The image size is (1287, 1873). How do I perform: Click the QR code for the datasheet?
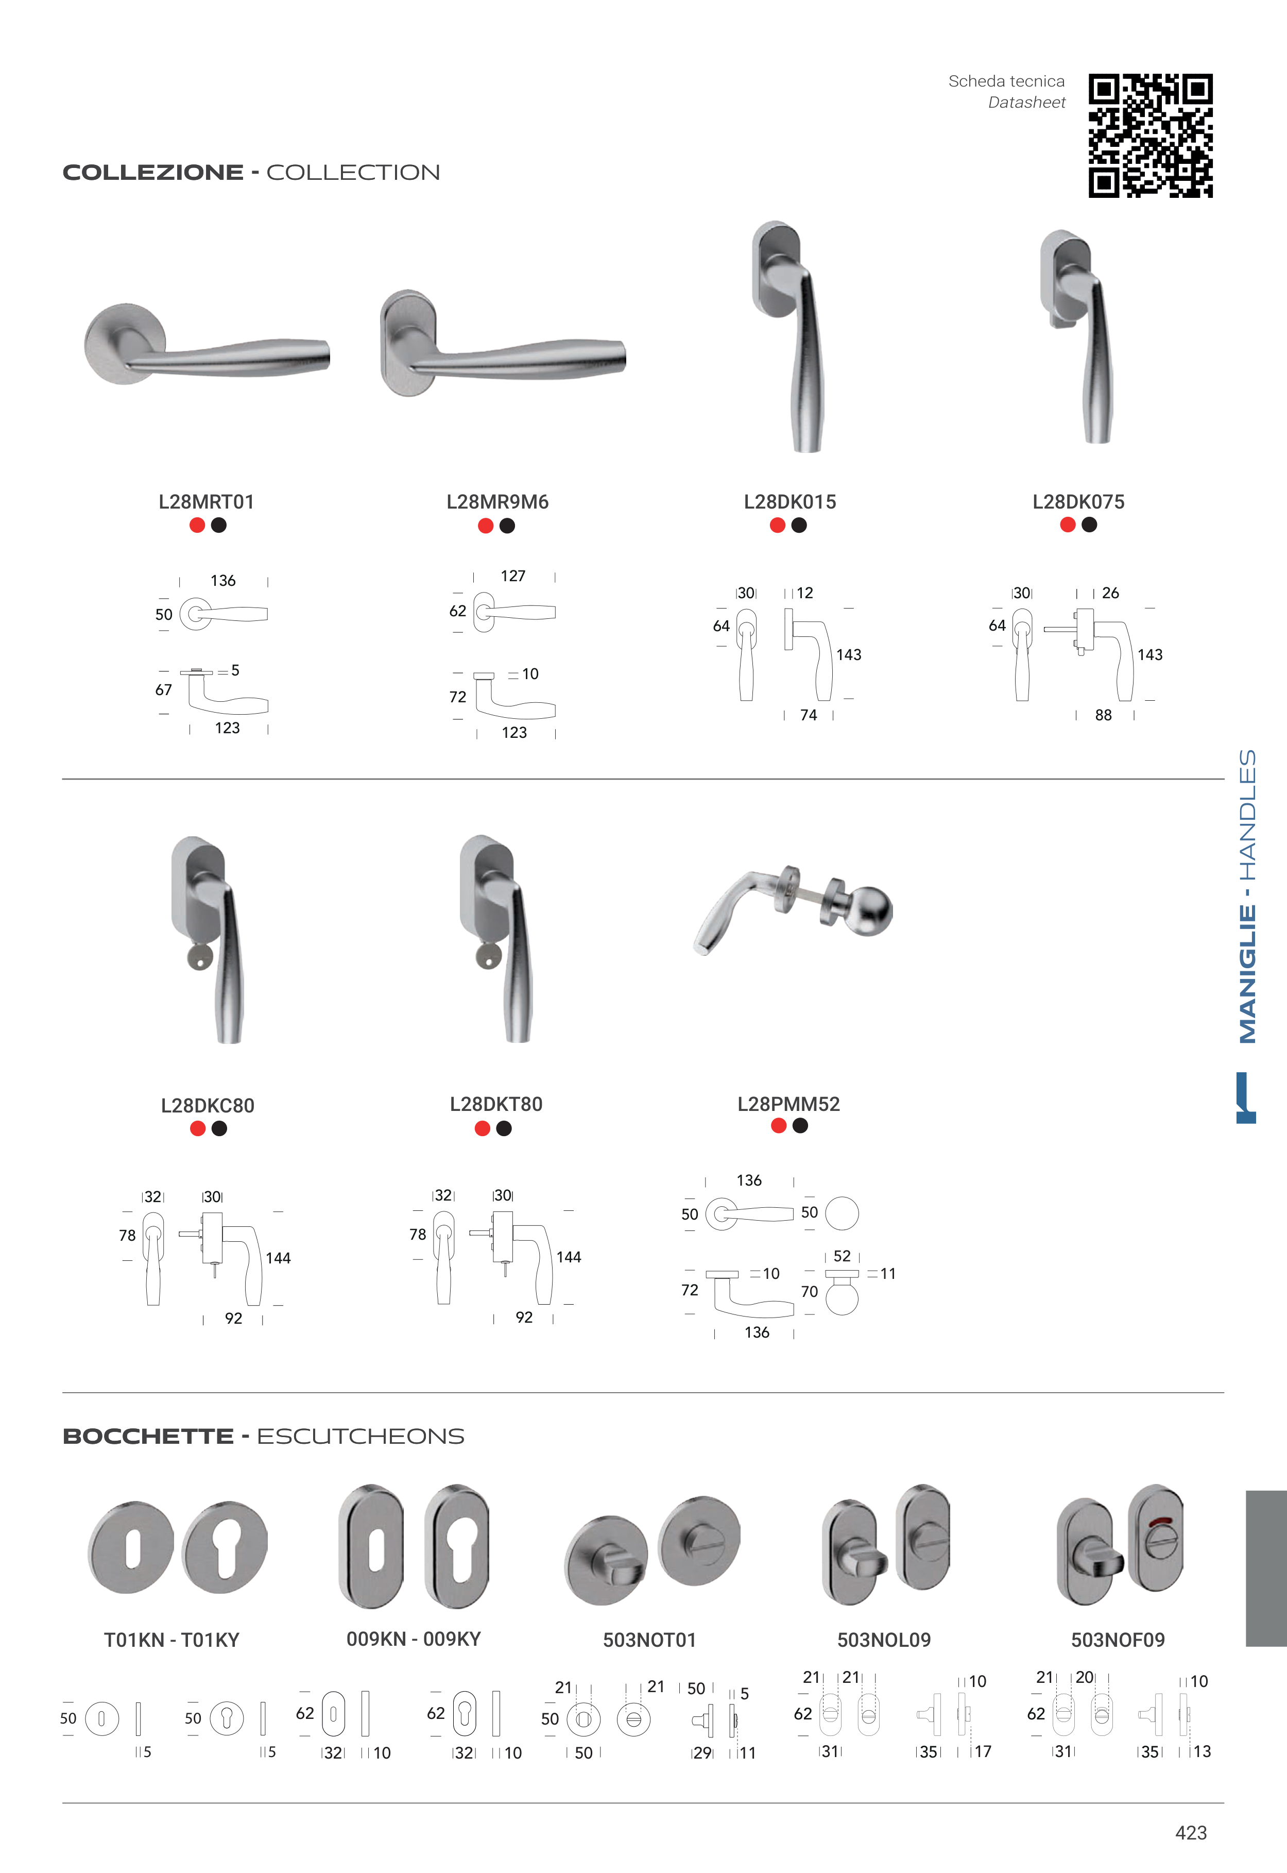[x=1150, y=136]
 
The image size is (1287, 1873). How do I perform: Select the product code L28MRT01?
[x=207, y=502]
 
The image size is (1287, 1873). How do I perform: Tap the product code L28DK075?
[x=1078, y=502]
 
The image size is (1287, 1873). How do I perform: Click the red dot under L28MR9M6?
[x=486, y=526]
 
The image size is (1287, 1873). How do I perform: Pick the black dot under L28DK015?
[x=799, y=525]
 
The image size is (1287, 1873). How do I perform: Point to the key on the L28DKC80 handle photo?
[x=199, y=957]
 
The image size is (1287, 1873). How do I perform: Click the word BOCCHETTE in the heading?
[x=148, y=1437]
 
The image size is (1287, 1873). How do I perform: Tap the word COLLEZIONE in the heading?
[x=153, y=173]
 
